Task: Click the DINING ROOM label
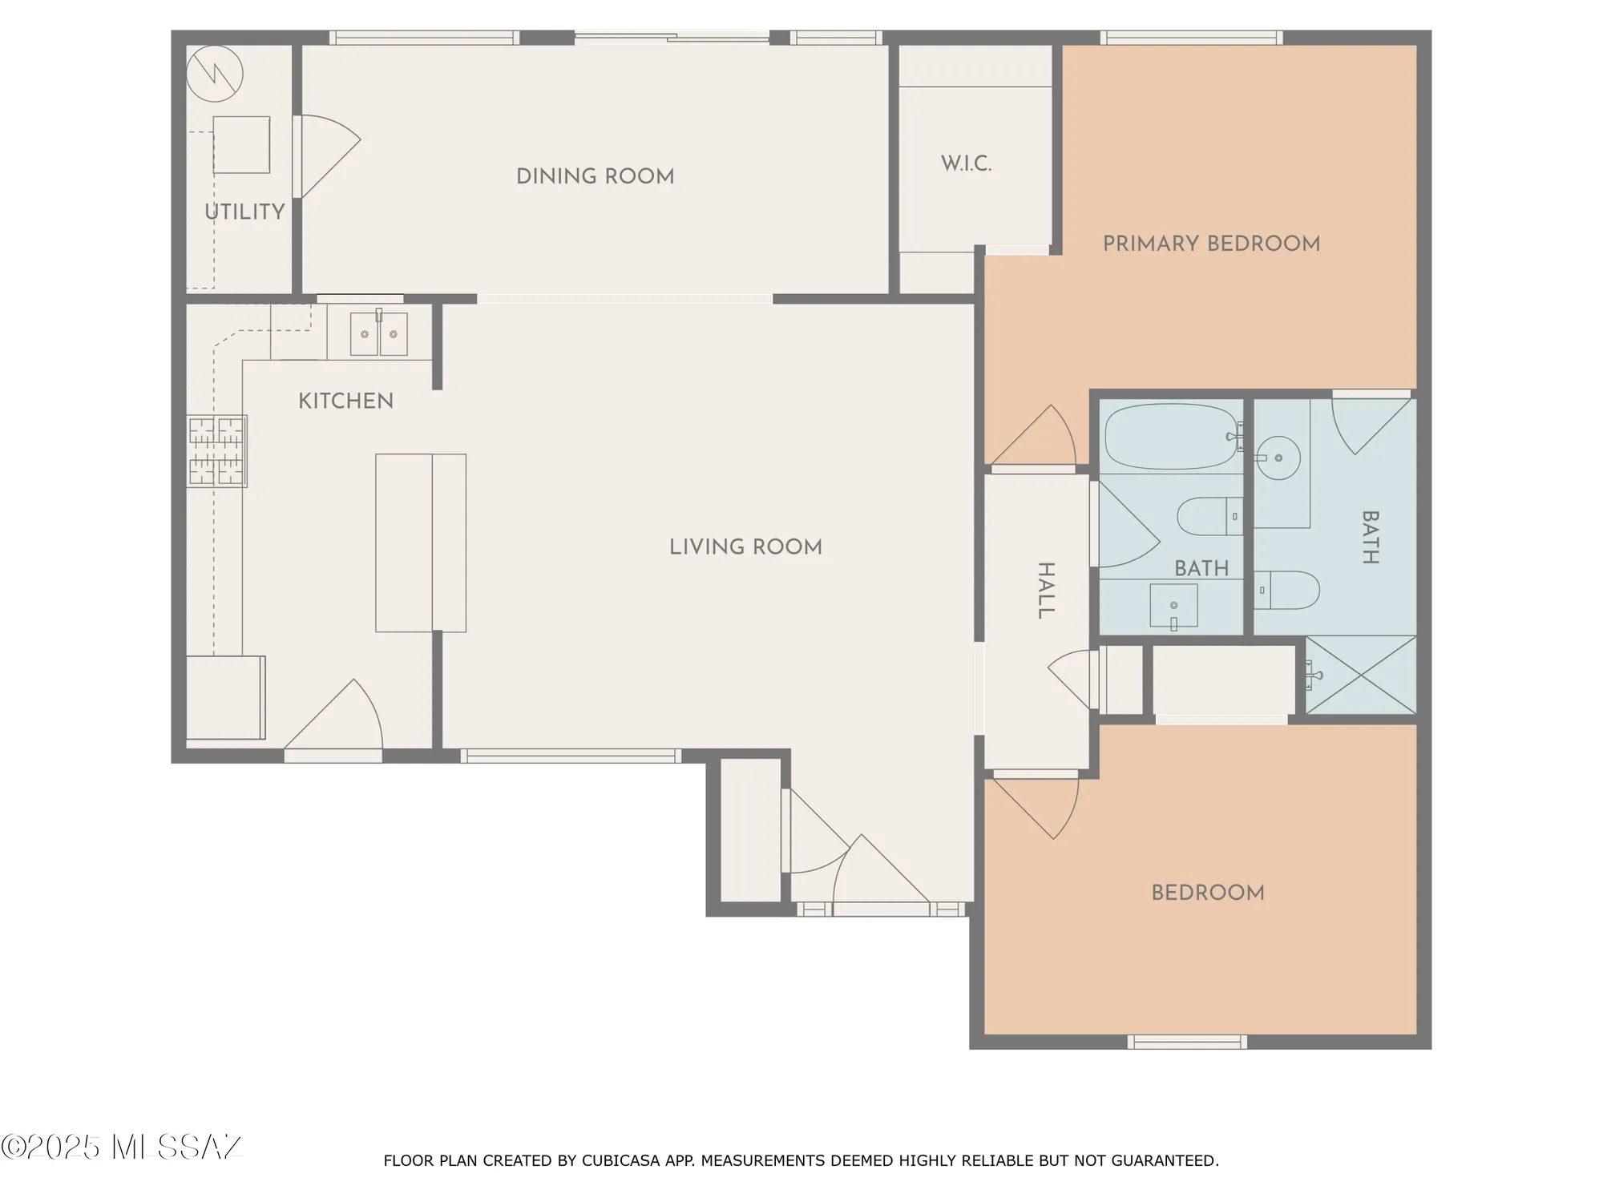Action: [x=595, y=177]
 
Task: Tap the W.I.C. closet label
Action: [x=966, y=164]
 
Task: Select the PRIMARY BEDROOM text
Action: [x=1211, y=244]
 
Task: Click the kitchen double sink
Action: [x=378, y=334]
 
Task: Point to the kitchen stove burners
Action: [x=216, y=451]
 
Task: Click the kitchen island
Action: [x=421, y=543]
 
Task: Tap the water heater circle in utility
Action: [x=215, y=74]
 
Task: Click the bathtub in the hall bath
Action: [x=1169, y=437]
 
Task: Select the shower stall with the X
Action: [x=1361, y=675]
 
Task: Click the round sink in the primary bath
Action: [x=1278, y=458]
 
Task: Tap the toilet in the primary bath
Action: [x=1286, y=590]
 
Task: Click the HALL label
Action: [x=1046, y=590]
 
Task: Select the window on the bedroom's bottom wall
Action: [x=1187, y=1042]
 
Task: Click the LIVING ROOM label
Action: [x=745, y=547]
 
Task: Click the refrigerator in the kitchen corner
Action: [x=225, y=697]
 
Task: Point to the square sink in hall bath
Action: [x=1173, y=606]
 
